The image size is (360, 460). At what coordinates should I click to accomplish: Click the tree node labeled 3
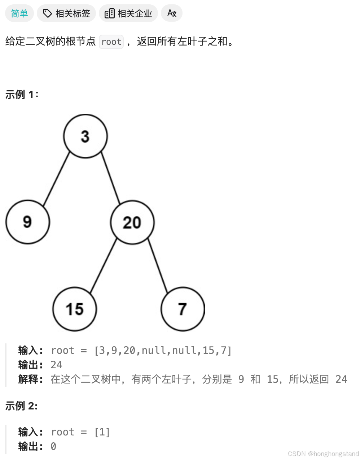pos(85,136)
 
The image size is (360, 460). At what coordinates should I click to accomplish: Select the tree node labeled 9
pos(27,222)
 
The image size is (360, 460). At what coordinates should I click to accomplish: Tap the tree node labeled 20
pos(132,222)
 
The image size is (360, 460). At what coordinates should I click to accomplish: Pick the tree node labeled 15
pos(74,309)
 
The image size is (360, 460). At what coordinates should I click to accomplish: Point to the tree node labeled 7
pos(183,309)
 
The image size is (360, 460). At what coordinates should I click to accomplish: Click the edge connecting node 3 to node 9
pos(56,179)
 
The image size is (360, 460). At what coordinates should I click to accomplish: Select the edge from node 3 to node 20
pos(110,178)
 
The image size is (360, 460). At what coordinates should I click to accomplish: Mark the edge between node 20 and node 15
pos(103,266)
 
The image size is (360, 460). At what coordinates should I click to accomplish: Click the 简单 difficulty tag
pos(19,13)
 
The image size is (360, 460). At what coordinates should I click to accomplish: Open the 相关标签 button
pos(66,13)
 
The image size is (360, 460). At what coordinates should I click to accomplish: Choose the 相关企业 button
pos(128,13)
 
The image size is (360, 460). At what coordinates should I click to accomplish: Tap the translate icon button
pos(172,13)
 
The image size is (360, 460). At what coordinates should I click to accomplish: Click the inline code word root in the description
pos(111,42)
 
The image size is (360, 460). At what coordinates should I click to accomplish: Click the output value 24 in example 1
pos(56,365)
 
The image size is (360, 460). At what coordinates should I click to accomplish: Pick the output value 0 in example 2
pos(53,446)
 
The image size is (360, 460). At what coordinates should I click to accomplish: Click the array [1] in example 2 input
pos(102,432)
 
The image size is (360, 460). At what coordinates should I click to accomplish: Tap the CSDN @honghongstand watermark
pos(323,454)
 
